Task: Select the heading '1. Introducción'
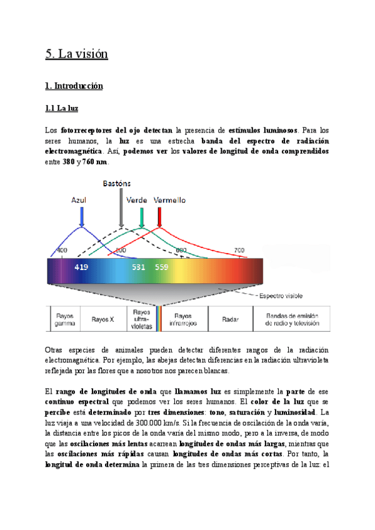coord(74,86)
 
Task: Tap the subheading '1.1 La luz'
coord(62,109)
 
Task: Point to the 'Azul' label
coord(79,200)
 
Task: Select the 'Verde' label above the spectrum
coord(137,200)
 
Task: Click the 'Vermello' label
coord(169,200)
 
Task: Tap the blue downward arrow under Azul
coord(81,217)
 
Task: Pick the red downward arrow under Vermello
coord(160,217)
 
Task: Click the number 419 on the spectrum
coord(81,267)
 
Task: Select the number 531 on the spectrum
coord(139,267)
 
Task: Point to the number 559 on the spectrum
coord(161,267)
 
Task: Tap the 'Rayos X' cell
coord(103,319)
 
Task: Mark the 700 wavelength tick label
coord(239,250)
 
